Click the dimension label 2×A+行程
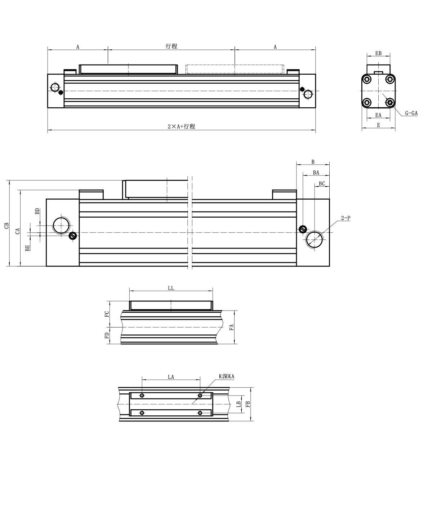(x=181, y=126)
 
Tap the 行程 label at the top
(x=171, y=46)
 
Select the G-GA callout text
(x=411, y=113)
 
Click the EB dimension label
(x=378, y=53)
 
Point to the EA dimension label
(x=378, y=115)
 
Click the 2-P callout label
(x=345, y=218)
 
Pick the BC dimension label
(x=322, y=184)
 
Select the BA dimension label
(x=316, y=173)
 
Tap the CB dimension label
(x=6, y=225)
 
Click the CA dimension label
(x=18, y=231)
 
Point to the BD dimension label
(x=37, y=211)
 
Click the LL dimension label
(x=171, y=288)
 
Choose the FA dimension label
(x=232, y=327)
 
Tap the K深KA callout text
(x=227, y=376)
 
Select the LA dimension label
(x=171, y=377)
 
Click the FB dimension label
(x=248, y=404)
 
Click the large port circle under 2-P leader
(x=315, y=238)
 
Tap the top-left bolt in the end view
(x=367, y=79)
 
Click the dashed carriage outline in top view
(x=235, y=69)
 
